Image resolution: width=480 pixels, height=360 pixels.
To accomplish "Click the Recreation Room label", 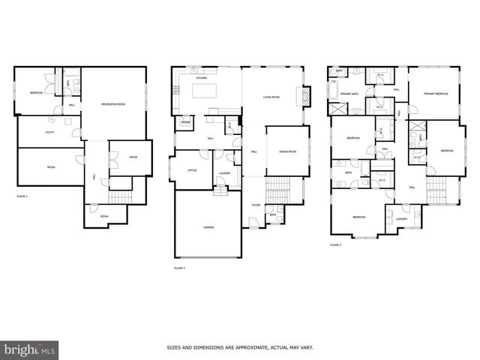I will click(112, 103).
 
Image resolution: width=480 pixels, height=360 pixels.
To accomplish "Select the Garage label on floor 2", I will click(208, 226).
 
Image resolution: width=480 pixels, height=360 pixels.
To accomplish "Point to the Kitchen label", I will click(201, 78).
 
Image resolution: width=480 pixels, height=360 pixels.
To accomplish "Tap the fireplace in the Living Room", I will click(304, 96).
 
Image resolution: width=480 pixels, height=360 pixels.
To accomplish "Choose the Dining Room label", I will click(288, 151).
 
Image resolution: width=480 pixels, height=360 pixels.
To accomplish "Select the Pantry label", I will click(184, 121).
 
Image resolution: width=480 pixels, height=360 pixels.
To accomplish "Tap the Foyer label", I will click(256, 204).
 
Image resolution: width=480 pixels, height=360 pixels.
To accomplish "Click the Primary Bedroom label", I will click(436, 94).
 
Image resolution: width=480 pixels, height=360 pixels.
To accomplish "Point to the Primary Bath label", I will click(349, 94).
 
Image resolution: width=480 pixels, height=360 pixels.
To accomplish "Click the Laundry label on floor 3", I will click(401, 218).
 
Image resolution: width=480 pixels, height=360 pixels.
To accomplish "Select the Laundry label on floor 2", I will click(223, 173).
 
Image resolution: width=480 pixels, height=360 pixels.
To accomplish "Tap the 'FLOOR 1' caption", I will click(22, 196).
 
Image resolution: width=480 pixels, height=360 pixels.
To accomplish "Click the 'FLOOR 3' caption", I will click(335, 244).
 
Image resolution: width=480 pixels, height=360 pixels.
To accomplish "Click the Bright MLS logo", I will click(29, 349).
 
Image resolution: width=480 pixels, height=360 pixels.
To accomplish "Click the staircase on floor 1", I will click(119, 197).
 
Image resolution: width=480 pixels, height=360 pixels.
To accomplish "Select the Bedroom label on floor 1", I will click(36, 92).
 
